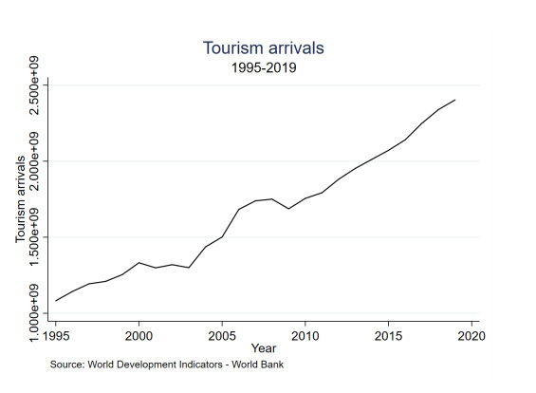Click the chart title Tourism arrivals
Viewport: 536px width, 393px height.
tap(268, 47)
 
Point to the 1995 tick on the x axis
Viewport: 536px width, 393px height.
tap(56, 335)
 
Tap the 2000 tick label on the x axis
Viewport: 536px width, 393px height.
tap(139, 335)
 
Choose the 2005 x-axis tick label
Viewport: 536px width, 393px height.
tap(222, 335)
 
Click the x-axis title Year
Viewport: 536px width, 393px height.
tap(264, 348)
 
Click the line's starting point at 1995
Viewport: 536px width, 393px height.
tap(56, 300)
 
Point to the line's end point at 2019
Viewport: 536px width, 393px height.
tap(454, 100)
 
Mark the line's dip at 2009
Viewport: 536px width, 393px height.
tap(288, 209)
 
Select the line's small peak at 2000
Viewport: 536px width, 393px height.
tap(139, 262)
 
